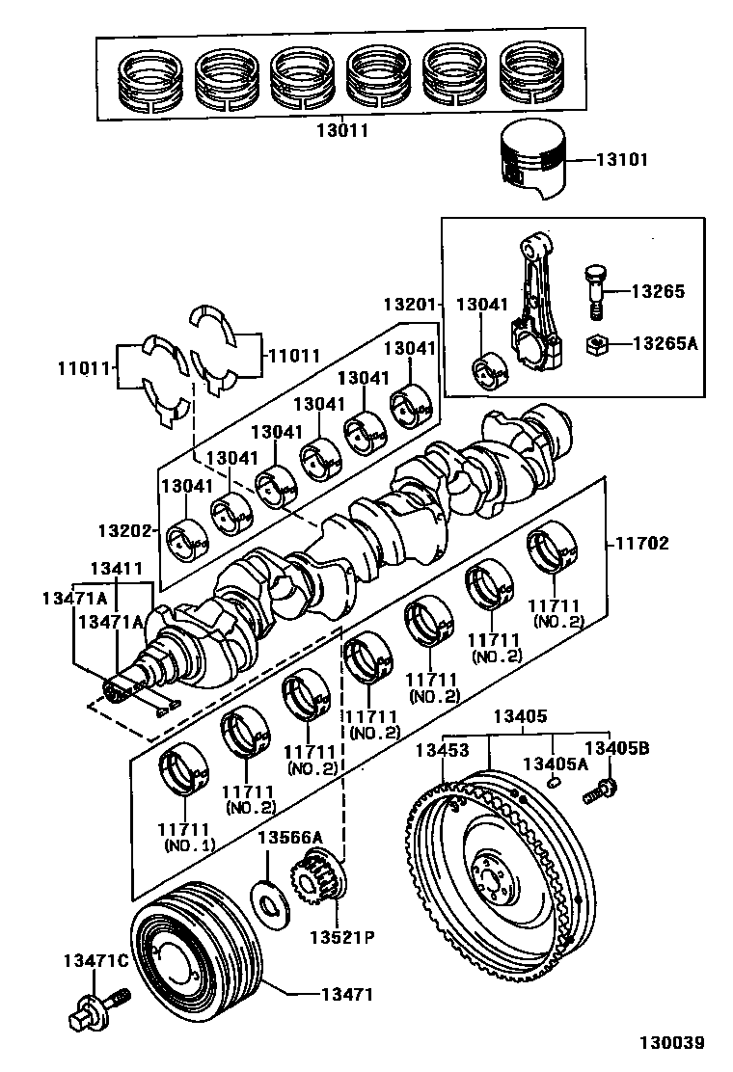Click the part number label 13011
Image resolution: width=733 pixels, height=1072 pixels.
coord(343,128)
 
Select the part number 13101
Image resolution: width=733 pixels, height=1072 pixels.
coord(622,160)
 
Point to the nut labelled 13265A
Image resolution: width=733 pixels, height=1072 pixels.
coord(597,342)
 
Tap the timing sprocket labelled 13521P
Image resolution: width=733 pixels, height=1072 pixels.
coord(315,878)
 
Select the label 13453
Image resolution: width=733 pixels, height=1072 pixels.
coord(443,750)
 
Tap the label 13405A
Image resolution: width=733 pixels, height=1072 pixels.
coord(554,764)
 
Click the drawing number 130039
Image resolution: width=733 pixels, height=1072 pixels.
coord(671,1043)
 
